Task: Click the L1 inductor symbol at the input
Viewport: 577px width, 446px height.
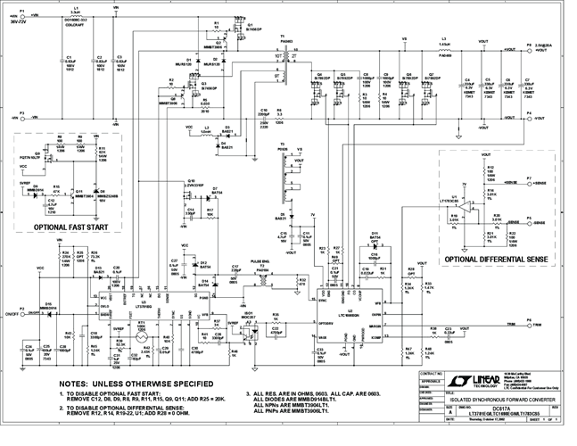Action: coord(76,17)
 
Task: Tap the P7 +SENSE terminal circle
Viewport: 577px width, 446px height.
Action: coord(526,181)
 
